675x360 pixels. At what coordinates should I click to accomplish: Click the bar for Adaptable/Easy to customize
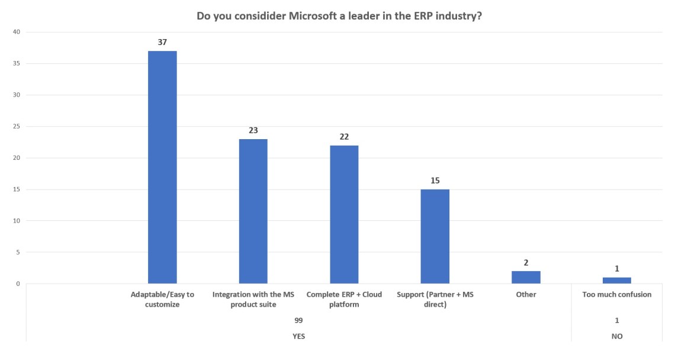pos(162,167)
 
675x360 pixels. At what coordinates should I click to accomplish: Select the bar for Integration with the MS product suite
pos(253,211)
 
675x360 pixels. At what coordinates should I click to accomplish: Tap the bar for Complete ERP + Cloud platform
pos(344,214)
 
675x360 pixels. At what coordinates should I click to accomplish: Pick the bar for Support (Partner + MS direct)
pos(435,236)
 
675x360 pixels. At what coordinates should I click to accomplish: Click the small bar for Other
pos(526,277)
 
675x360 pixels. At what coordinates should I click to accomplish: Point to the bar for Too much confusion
pos(617,281)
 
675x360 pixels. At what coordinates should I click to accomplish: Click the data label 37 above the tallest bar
pos(162,43)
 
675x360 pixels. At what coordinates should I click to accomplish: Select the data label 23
pos(253,130)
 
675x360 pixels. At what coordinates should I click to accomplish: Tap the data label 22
pos(344,137)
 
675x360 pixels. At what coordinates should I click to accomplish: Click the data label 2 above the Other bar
pos(526,262)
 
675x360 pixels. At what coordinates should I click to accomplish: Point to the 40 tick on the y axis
pos(17,32)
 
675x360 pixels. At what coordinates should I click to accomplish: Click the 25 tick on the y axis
pos(17,127)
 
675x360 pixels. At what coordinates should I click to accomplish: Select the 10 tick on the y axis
pos(17,221)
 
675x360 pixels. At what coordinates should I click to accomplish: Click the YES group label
pos(299,336)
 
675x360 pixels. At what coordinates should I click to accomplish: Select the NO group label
pos(617,336)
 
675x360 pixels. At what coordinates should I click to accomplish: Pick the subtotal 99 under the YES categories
pos(299,320)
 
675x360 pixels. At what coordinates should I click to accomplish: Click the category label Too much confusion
pos(617,294)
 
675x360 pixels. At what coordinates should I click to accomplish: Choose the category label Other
pos(526,294)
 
